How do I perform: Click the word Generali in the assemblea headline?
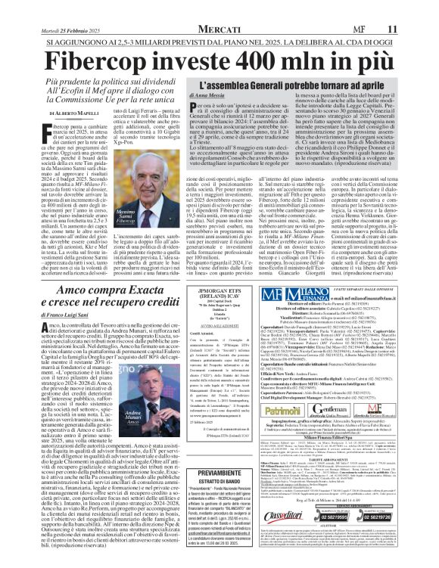(277, 110)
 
